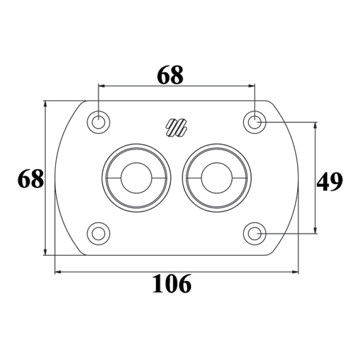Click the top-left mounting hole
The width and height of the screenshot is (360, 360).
98,122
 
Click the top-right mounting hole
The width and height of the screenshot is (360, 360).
255,122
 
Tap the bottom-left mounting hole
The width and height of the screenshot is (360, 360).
98,233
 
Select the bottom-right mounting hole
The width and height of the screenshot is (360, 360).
255,233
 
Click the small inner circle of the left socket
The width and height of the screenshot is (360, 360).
136,178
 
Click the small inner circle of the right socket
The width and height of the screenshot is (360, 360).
217,178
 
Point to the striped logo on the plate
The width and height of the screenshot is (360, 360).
176,128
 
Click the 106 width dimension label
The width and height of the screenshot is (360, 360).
172,284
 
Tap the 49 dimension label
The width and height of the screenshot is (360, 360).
330,182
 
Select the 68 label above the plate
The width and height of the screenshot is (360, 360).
170,75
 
